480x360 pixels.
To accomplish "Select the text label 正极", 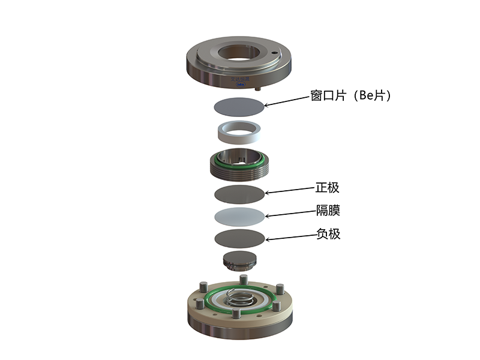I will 328,188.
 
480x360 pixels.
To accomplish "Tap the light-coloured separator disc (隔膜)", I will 239,217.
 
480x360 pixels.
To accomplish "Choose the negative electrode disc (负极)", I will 239,238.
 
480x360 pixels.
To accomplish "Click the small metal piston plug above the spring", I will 239,262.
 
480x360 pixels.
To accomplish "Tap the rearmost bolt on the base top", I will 244,280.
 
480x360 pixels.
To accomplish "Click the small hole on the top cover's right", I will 274,53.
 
